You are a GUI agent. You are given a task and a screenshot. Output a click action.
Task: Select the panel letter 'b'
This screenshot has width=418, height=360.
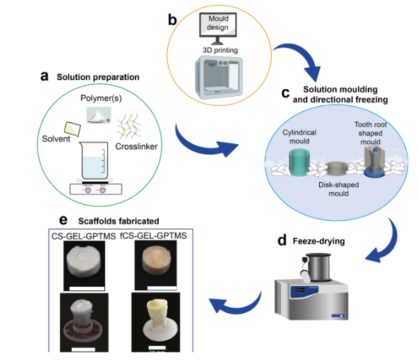(172, 19)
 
